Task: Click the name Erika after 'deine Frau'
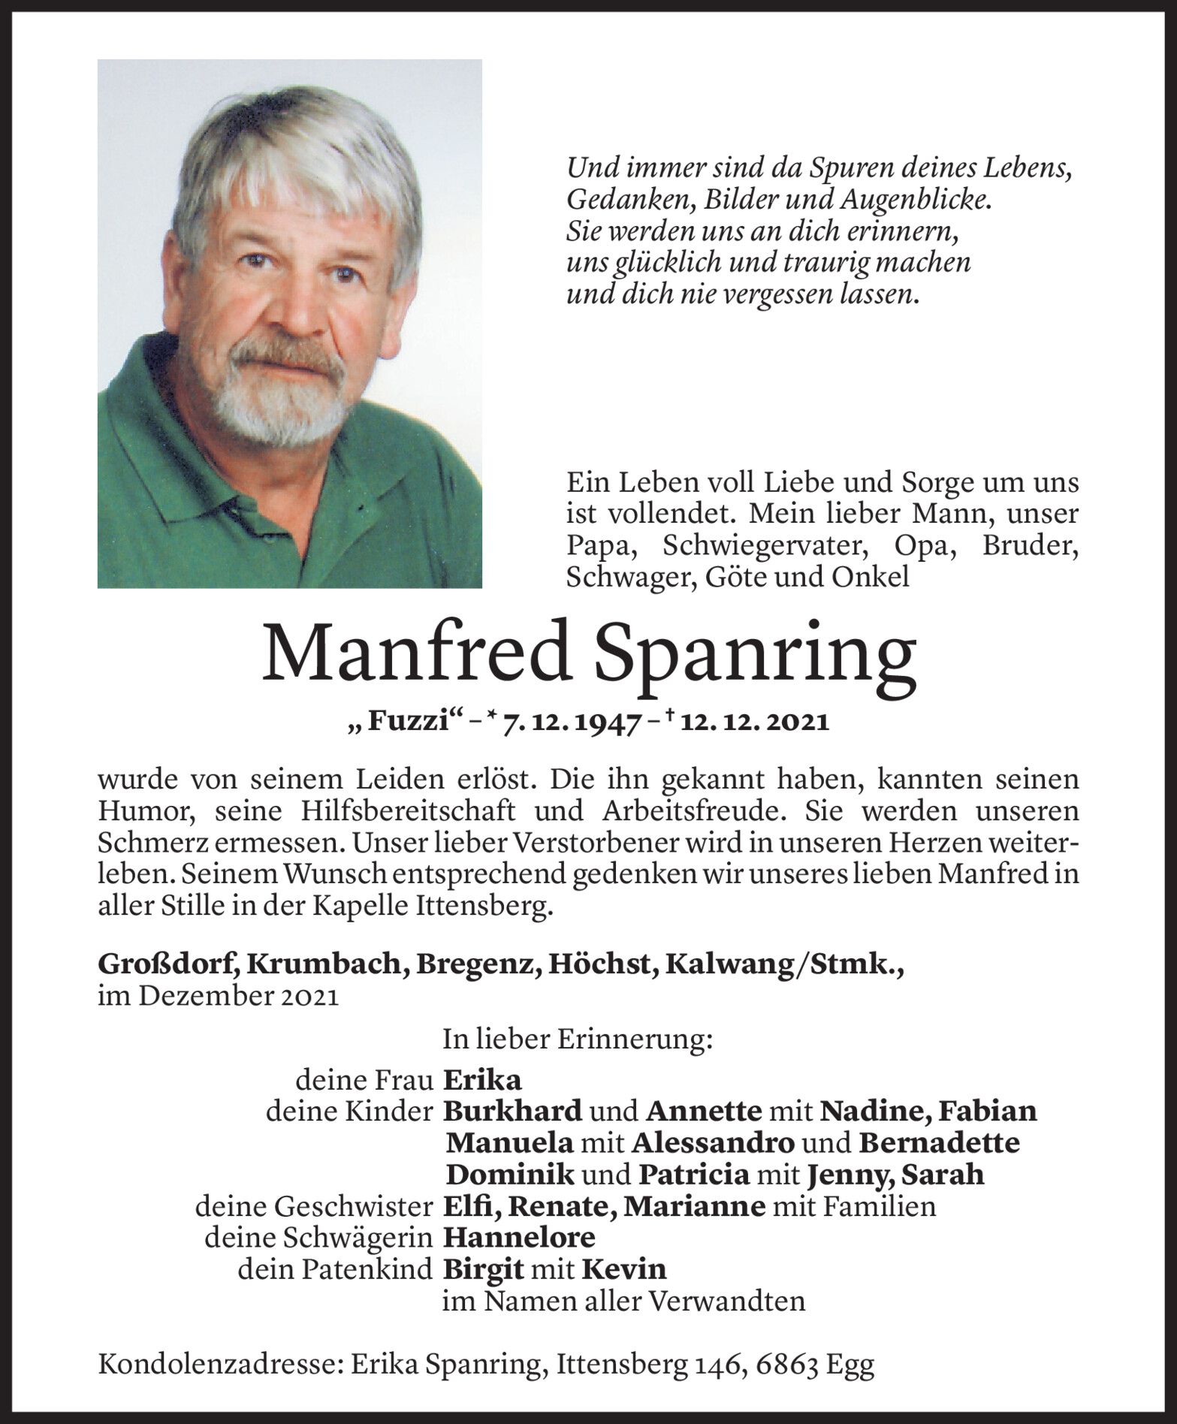pyautogui.click(x=481, y=1081)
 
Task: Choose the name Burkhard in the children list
pyautogui.click(x=513, y=1112)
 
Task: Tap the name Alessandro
pyautogui.click(x=714, y=1143)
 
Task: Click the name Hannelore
pyautogui.click(x=519, y=1237)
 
